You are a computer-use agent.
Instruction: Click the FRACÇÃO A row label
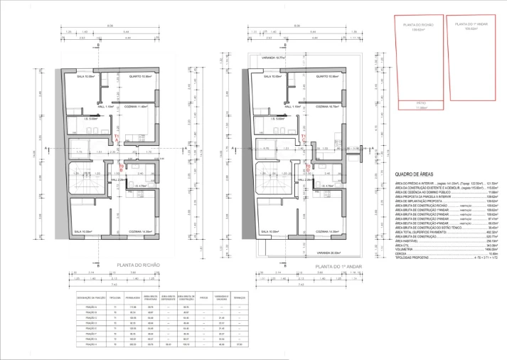84,307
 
